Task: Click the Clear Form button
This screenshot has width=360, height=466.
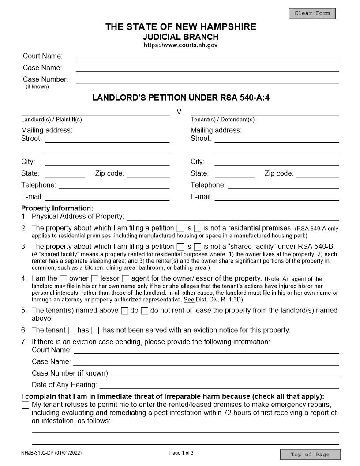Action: click(x=312, y=13)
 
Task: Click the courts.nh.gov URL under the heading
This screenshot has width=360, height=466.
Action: click(x=180, y=45)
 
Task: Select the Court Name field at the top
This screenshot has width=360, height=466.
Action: click(x=207, y=56)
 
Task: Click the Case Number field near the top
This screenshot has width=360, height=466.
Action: click(x=207, y=79)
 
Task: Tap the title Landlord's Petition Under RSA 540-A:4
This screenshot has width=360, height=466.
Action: click(x=180, y=98)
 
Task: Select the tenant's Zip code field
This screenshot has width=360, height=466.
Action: click(x=317, y=173)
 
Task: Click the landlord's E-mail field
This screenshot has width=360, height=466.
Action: click(x=107, y=197)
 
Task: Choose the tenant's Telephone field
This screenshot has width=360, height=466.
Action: click(x=283, y=185)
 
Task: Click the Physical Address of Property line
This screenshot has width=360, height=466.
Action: click(x=232, y=216)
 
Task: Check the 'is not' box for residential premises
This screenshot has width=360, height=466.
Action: click(x=198, y=229)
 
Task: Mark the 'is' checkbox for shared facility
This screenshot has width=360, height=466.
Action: click(x=180, y=247)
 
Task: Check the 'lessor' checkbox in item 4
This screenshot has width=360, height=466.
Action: click(x=95, y=279)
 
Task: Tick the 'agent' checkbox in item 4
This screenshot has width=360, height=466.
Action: click(x=126, y=279)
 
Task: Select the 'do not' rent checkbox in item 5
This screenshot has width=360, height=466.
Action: click(x=145, y=311)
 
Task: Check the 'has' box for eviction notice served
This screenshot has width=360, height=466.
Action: click(x=72, y=330)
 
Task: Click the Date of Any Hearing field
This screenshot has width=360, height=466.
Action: click(x=218, y=385)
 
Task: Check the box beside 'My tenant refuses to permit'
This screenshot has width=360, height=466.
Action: click(x=26, y=405)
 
